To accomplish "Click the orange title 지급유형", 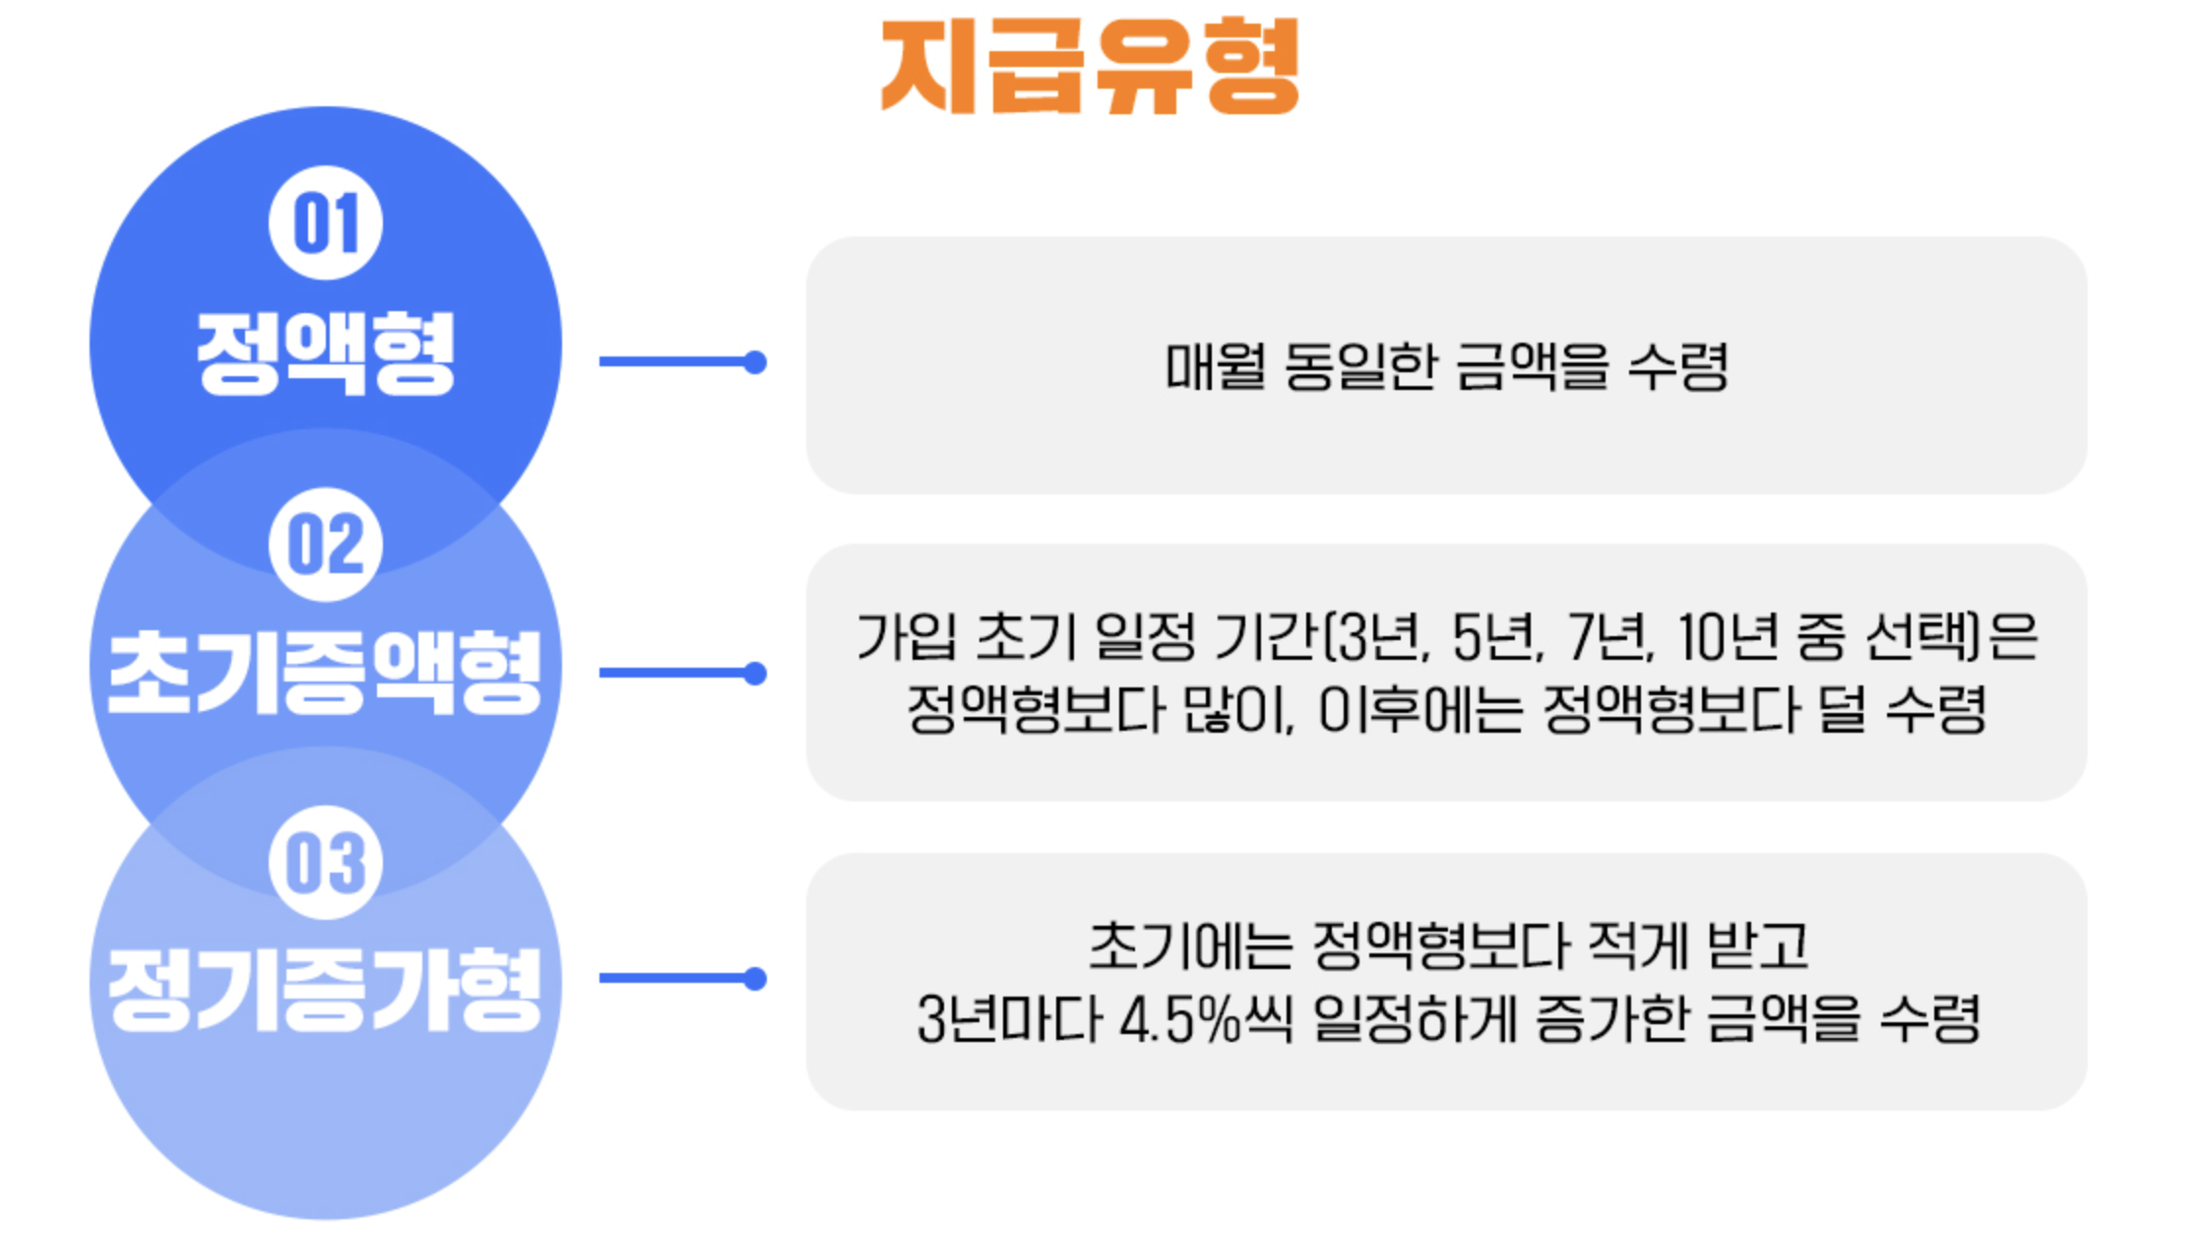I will point(1090,67).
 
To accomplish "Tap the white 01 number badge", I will point(326,224).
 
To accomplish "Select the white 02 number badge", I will point(326,544).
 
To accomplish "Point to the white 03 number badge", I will point(326,863).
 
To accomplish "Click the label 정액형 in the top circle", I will point(326,353).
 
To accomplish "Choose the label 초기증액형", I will point(325,673).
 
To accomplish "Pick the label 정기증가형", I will point(325,990).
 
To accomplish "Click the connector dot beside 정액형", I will point(755,362).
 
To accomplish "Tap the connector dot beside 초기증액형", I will point(755,674).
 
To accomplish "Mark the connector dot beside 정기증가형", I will point(755,979).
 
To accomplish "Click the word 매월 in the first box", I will point(1215,366).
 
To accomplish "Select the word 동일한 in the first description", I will point(1358,366).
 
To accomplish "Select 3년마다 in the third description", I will point(1008,1018).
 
